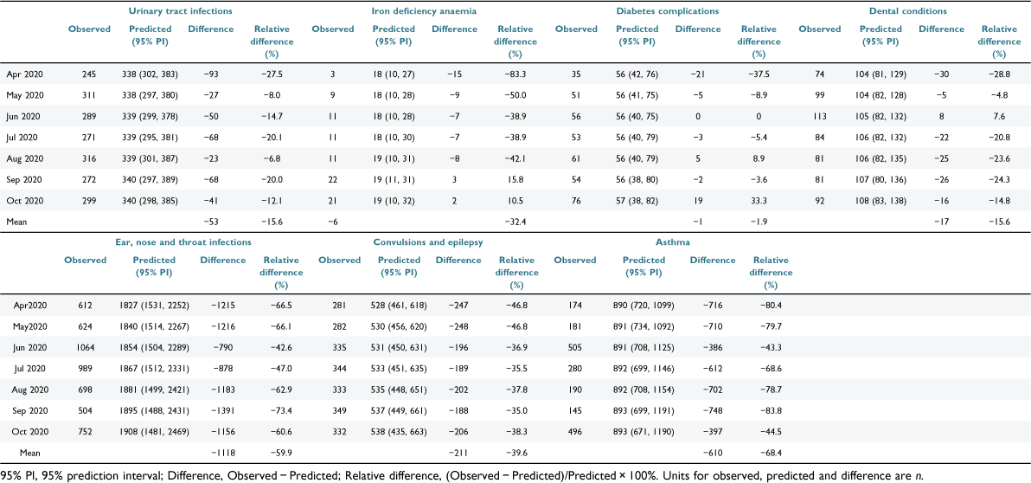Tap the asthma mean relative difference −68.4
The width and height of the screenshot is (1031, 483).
pyautogui.click(x=769, y=453)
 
